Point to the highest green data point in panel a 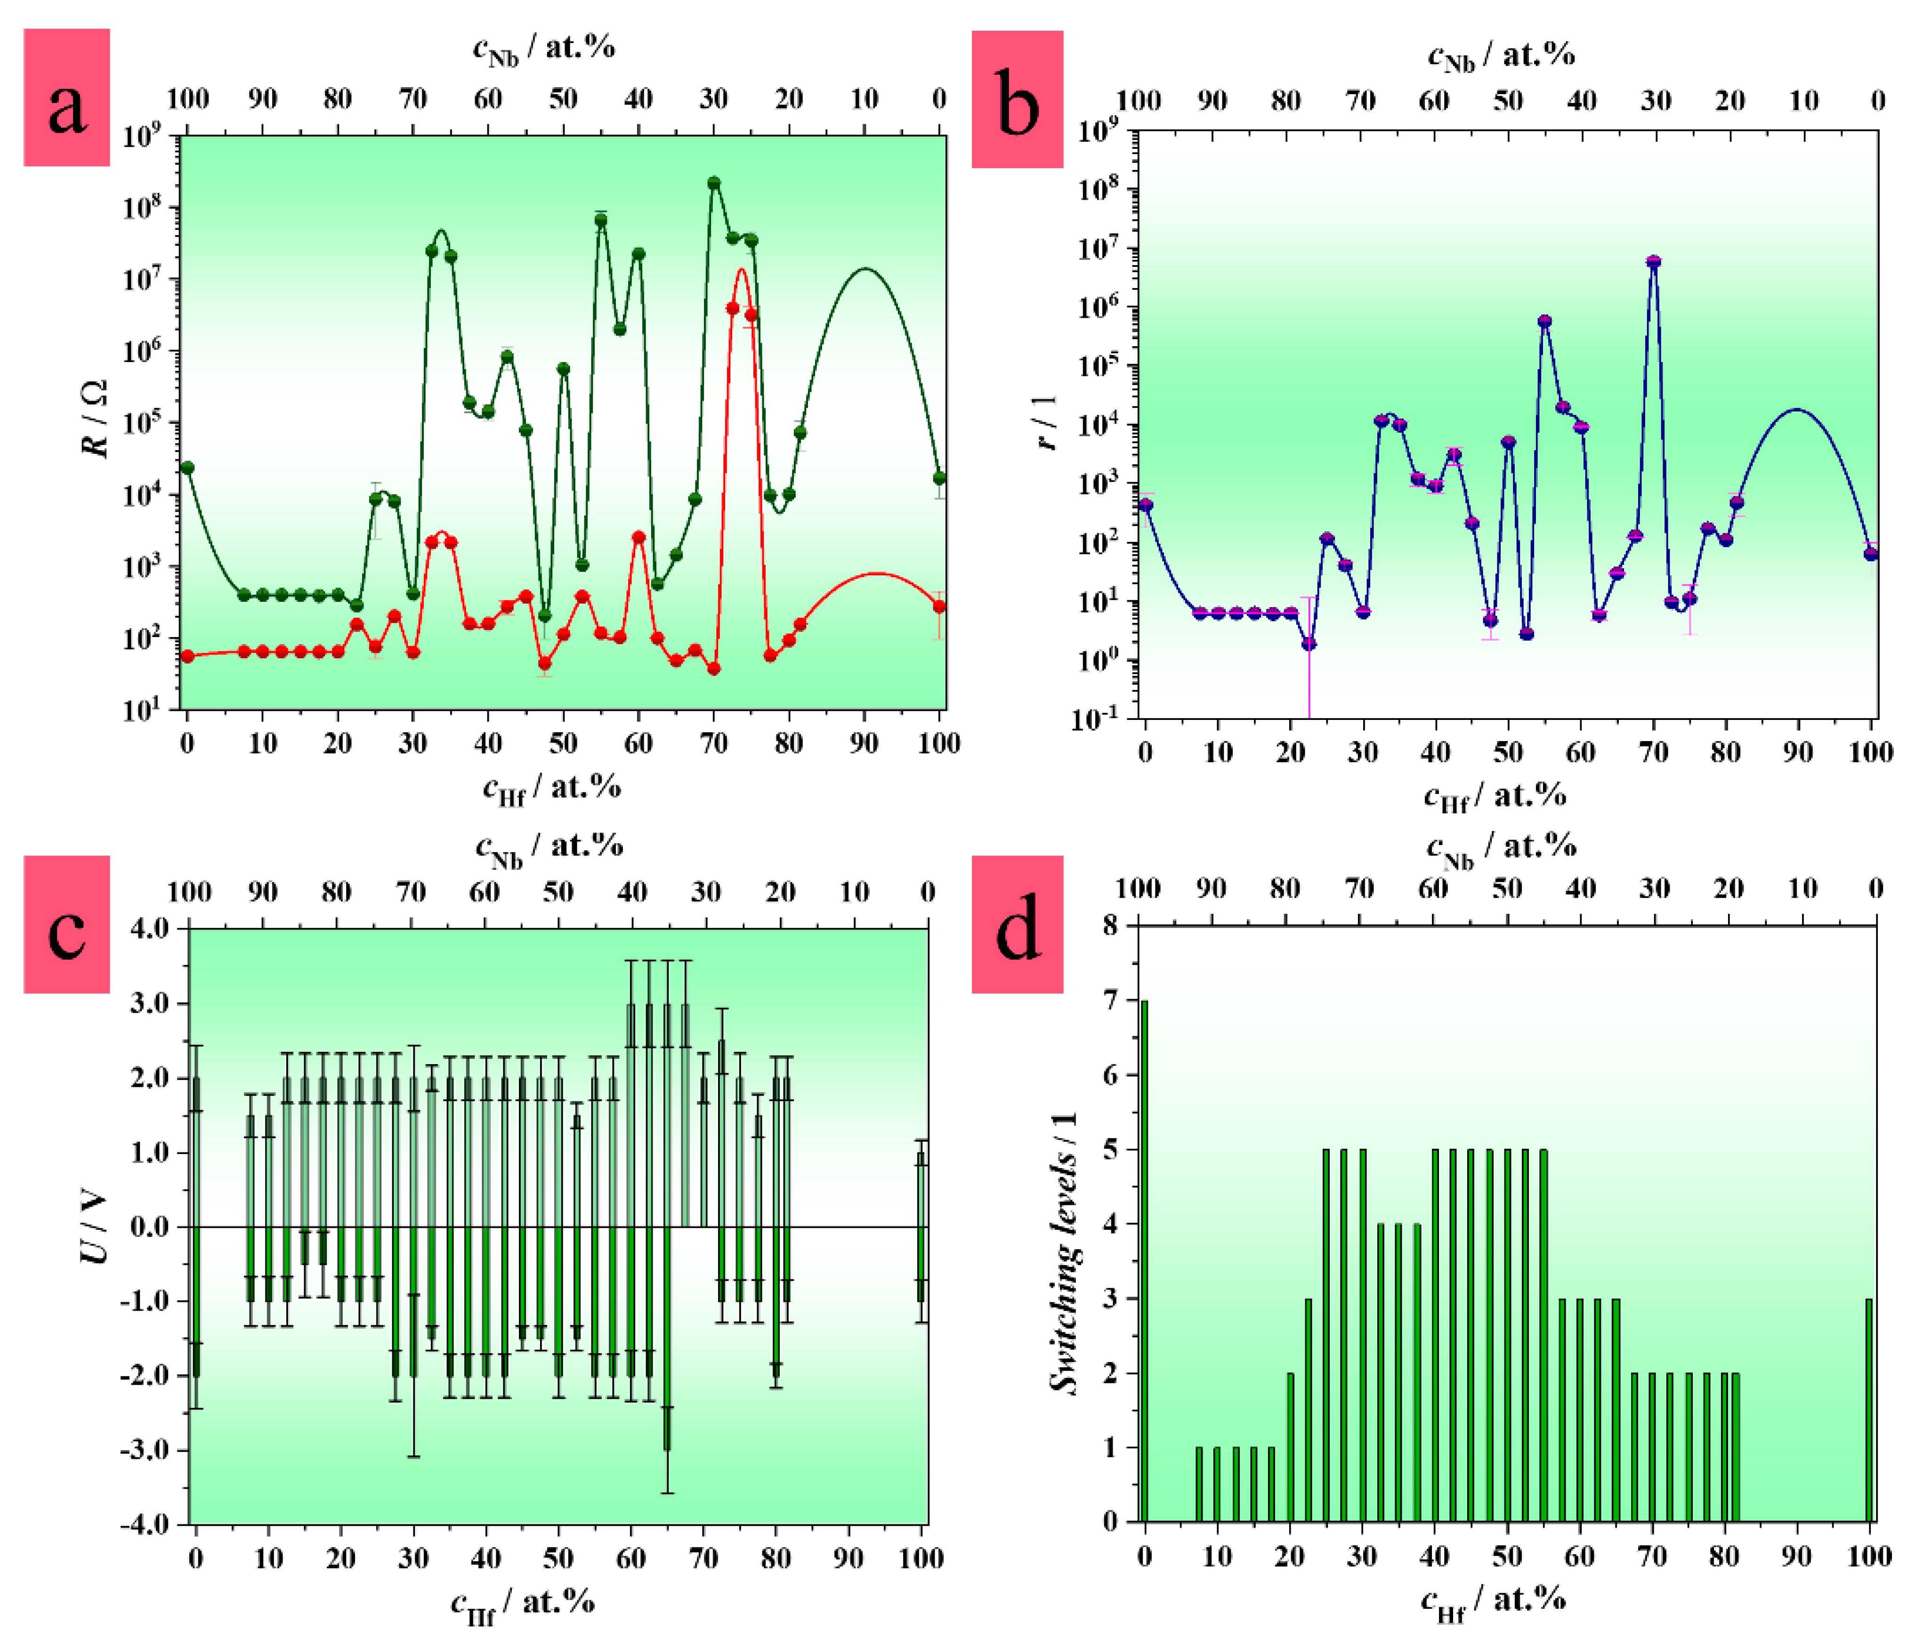(713, 183)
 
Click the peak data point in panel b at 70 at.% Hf (1654, 262)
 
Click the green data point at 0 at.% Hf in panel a (187, 468)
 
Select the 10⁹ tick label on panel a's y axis (141, 137)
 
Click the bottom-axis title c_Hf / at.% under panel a (552, 788)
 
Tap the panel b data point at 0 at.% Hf (1146, 505)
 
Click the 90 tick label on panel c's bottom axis (848, 1559)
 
